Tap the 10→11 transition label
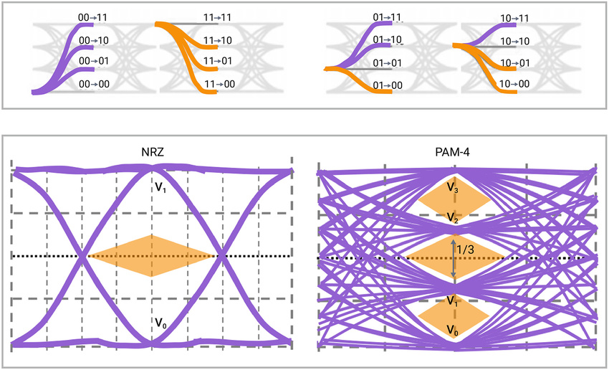click(x=514, y=18)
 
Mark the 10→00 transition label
click(x=514, y=85)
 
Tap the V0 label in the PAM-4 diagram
click(x=453, y=330)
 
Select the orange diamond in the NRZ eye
click(x=151, y=255)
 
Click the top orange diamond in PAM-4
click(x=454, y=196)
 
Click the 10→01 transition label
click(x=514, y=62)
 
